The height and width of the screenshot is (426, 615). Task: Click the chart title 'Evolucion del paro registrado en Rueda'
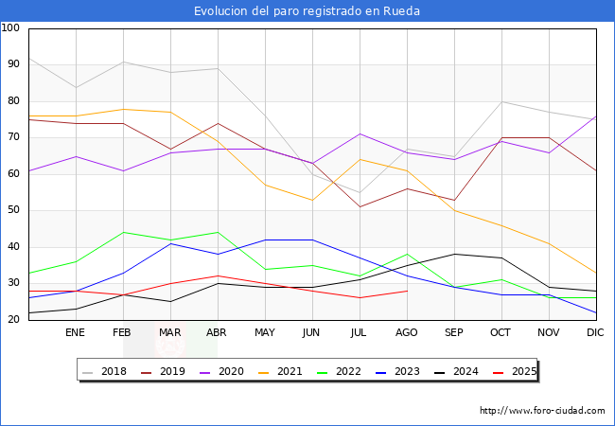point(307,11)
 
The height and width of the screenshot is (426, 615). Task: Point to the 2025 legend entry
point(516,371)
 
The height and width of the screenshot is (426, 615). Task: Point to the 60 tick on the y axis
point(14,174)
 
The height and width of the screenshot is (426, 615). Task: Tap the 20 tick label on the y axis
point(14,320)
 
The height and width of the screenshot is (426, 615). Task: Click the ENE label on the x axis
point(75,333)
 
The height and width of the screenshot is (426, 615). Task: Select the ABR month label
point(218,333)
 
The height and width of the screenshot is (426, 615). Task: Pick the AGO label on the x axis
point(407,333)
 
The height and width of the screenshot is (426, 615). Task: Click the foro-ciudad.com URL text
point(542,411)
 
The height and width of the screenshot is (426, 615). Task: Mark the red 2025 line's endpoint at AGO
point(407,291)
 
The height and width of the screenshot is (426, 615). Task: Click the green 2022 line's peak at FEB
point(123,232)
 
